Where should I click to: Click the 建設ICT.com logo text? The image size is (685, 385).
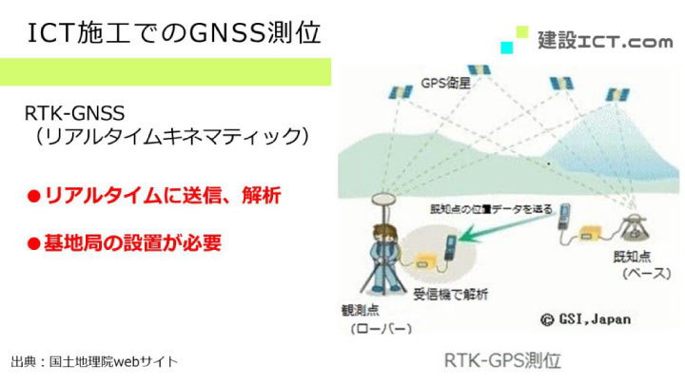point(604,41)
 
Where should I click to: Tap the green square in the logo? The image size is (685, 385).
point(521,31)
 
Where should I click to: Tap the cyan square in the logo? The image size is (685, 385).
point(507,47)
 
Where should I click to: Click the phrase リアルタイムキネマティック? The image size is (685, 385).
point(167,138)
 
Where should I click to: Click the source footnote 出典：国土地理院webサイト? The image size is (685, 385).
point(94,362)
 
